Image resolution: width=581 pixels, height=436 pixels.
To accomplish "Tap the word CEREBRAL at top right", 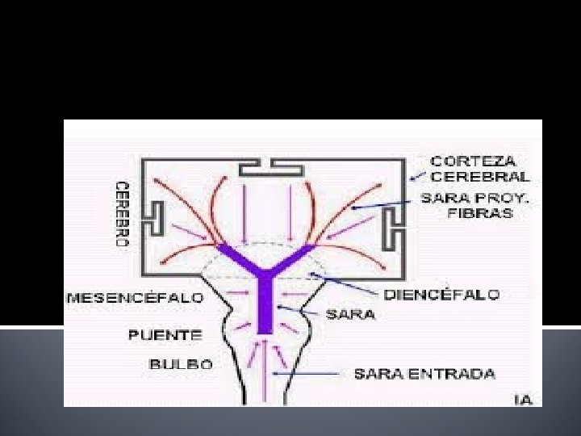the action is pyautogui.click(x=480, y=176).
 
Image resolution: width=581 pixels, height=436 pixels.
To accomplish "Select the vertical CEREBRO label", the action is pyautogui.click(x=122, y=213).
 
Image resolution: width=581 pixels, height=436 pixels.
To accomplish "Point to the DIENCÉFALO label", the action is pyautogui.click(x=441, y=294).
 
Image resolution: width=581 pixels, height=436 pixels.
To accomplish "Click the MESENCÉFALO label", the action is pyautogui.click(x=134, y=297).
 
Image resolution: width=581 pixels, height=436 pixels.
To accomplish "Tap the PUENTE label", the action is pyautogui.click(x=165, y=333).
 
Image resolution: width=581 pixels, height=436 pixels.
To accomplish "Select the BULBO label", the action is pyautogui.click(x=182, y=364).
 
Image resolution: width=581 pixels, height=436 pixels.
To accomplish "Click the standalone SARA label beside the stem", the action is pyautogui.click(x=349, y=314).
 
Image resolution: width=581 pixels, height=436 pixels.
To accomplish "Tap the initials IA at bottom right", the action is pyautogui.click(x=524, y=400).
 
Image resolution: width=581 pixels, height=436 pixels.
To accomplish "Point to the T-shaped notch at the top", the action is pyautogui.click(x=270, y=168).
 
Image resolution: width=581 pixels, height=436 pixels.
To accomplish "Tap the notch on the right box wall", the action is pyautogui.click(x=391, y=228).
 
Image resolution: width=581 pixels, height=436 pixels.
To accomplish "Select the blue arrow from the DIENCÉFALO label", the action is pyautogui.click(x=347, y=284).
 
